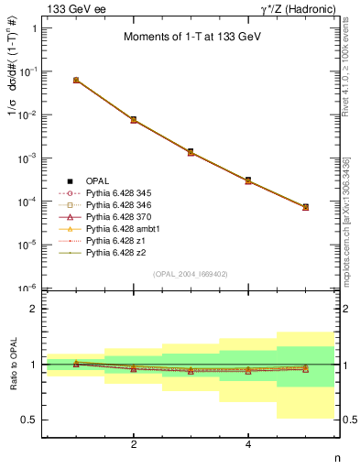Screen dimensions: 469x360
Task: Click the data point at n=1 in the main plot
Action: click(x=76, y=81)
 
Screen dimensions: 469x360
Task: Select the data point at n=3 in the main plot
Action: click(x=191, y=151)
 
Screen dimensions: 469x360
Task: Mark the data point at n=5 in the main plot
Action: click(x=305, y=207)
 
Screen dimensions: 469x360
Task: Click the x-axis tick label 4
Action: click(x=248, y=445)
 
